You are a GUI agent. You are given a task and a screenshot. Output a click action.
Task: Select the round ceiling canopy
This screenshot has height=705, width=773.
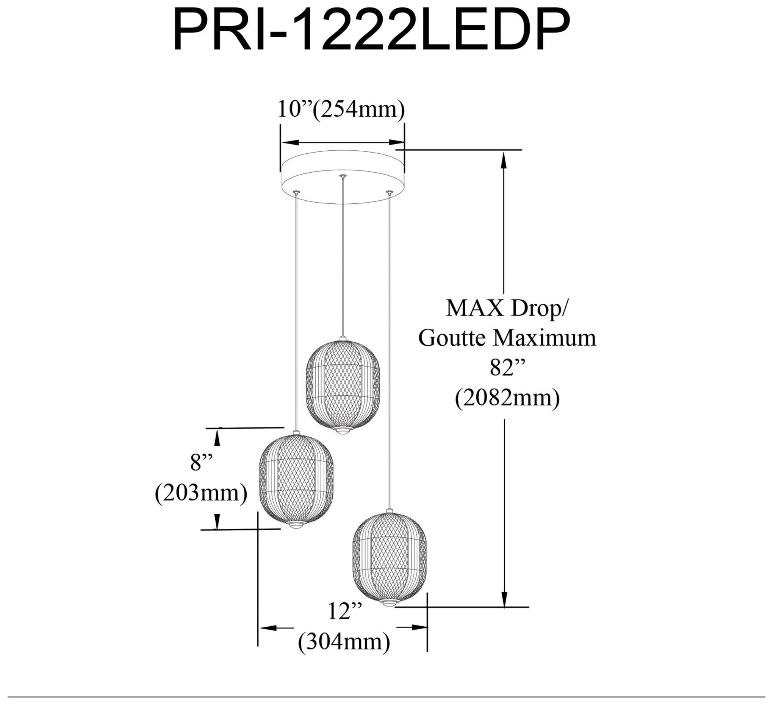343,178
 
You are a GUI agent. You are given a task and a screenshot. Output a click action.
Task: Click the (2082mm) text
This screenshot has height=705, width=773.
507,398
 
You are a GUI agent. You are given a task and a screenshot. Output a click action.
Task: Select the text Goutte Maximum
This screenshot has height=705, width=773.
507,338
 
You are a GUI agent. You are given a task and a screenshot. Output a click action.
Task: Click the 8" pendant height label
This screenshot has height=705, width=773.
202,462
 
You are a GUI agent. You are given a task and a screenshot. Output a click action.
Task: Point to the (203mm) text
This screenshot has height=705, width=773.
201,493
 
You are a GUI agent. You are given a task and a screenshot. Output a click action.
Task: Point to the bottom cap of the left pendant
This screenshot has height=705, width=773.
296,525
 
